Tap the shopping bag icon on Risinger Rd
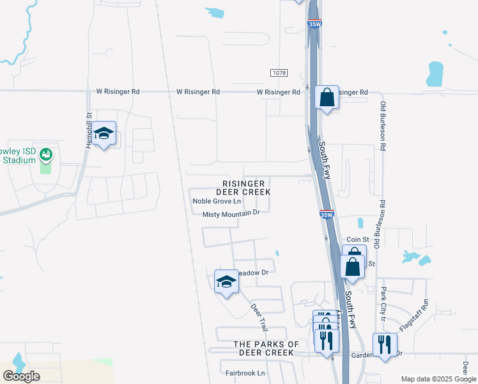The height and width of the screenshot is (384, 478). click(327, 99)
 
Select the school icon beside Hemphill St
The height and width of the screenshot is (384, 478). click(104, 134)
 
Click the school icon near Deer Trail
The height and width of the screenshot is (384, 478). click(226, 282)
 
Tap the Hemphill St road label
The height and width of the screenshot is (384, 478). click(89, 131)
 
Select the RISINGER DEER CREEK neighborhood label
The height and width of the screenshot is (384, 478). click(243, 188)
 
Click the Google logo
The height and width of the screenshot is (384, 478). click(21, 376)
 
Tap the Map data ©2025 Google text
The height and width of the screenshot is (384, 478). click(438, 379)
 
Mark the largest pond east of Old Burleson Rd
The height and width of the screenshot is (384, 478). click(435, 74)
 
